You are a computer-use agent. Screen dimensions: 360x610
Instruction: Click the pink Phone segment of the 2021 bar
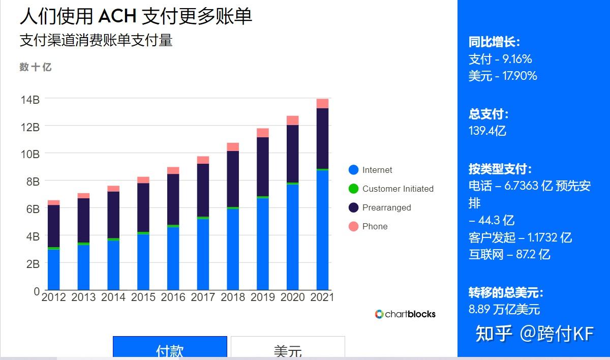322,104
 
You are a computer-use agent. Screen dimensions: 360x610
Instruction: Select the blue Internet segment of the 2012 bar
53,269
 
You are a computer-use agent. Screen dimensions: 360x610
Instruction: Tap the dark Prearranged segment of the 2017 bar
203,190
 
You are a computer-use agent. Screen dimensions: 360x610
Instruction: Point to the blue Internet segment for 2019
263,244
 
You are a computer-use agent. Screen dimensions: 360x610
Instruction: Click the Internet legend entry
377,170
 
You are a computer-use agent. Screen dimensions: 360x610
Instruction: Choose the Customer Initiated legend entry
398,189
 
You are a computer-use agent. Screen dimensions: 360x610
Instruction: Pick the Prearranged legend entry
386,207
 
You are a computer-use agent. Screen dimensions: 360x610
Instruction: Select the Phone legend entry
375,226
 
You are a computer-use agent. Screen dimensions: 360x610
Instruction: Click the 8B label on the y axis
30,182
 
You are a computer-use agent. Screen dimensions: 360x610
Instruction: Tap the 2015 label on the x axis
143,297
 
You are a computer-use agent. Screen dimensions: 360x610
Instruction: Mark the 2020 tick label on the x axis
292,297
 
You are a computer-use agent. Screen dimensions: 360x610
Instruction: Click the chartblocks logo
405,314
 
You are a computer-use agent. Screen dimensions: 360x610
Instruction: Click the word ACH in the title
117,16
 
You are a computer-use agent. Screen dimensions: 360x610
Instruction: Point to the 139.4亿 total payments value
487,131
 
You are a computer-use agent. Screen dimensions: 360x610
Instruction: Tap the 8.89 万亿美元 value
504,309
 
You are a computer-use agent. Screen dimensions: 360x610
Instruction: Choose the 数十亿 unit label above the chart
36,67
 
